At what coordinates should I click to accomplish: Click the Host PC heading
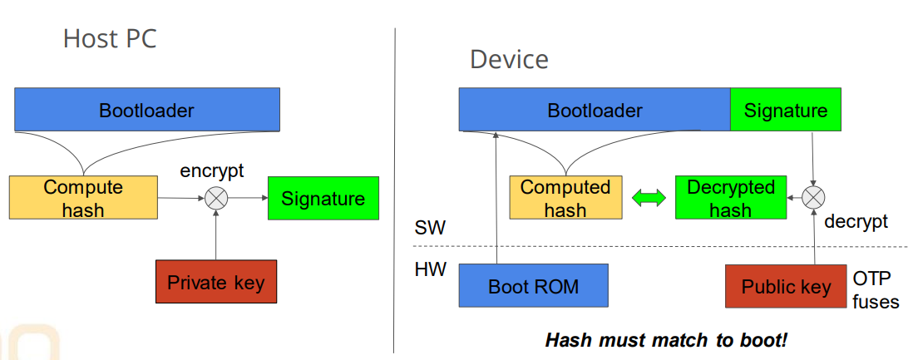click(x=110, y=39)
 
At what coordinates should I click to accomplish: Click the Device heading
click(x=509, y=59)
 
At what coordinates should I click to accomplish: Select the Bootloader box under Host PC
click(x=146, y=110)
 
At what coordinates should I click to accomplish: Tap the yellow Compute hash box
click(x=83, y=199)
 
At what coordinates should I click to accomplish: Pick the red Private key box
click(x=215, y=282)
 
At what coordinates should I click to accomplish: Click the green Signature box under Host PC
click(x=323, y=199)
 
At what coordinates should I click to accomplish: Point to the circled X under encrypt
click(x=216, y=199)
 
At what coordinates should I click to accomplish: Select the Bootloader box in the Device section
click(x=595, y=111)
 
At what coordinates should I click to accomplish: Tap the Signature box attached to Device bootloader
click(x=786, y=111)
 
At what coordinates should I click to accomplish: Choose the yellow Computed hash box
click(x=565, y=198)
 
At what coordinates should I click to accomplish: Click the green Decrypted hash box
click(x=730, y=198)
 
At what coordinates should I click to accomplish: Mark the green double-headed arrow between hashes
click(x=649, y=199)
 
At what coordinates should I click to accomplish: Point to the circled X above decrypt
click(x=814, y=198)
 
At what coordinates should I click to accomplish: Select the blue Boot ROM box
click(x=533, y=287)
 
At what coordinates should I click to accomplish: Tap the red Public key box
click(x=786, y=287)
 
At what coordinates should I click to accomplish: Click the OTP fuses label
click(x=875, y=288)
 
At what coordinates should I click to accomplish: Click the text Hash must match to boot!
click(x=666, y=340)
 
